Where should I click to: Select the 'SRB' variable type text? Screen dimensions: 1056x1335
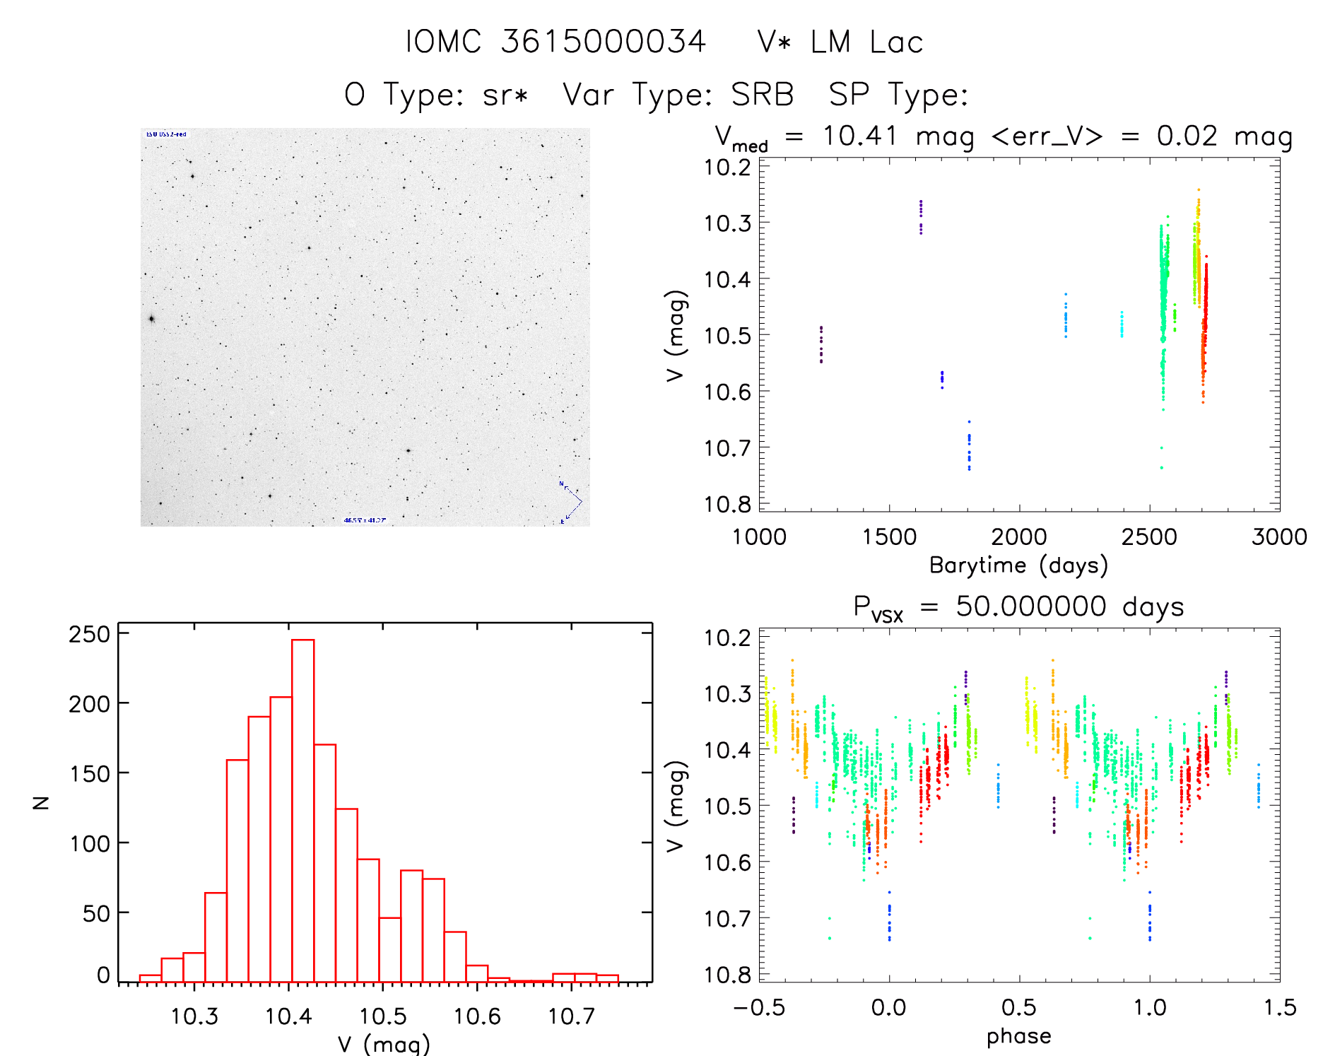click(762, 95)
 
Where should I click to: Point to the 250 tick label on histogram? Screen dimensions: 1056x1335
click(89, 634)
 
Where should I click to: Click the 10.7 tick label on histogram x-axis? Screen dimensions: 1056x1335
click(571, 1016)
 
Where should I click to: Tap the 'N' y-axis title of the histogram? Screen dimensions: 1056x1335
click(41, 802)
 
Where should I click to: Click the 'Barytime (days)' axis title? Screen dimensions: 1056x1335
click(1018, 565)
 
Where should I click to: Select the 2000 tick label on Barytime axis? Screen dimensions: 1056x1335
click(1019, 537)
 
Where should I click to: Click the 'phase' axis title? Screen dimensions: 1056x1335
click(1018, 1036)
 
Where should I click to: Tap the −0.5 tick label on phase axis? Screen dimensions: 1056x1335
click(759, 1008)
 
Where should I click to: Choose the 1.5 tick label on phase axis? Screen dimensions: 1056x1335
click(1279, 1008)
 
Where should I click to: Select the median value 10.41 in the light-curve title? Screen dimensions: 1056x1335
click(859, 136)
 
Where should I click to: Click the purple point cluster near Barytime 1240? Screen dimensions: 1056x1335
click(821, 345)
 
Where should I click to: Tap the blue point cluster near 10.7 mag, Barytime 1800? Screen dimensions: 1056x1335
click(969, 449)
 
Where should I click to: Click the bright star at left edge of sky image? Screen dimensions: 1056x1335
click(151, 319)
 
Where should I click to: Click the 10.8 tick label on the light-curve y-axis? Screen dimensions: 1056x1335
click(727, 504)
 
